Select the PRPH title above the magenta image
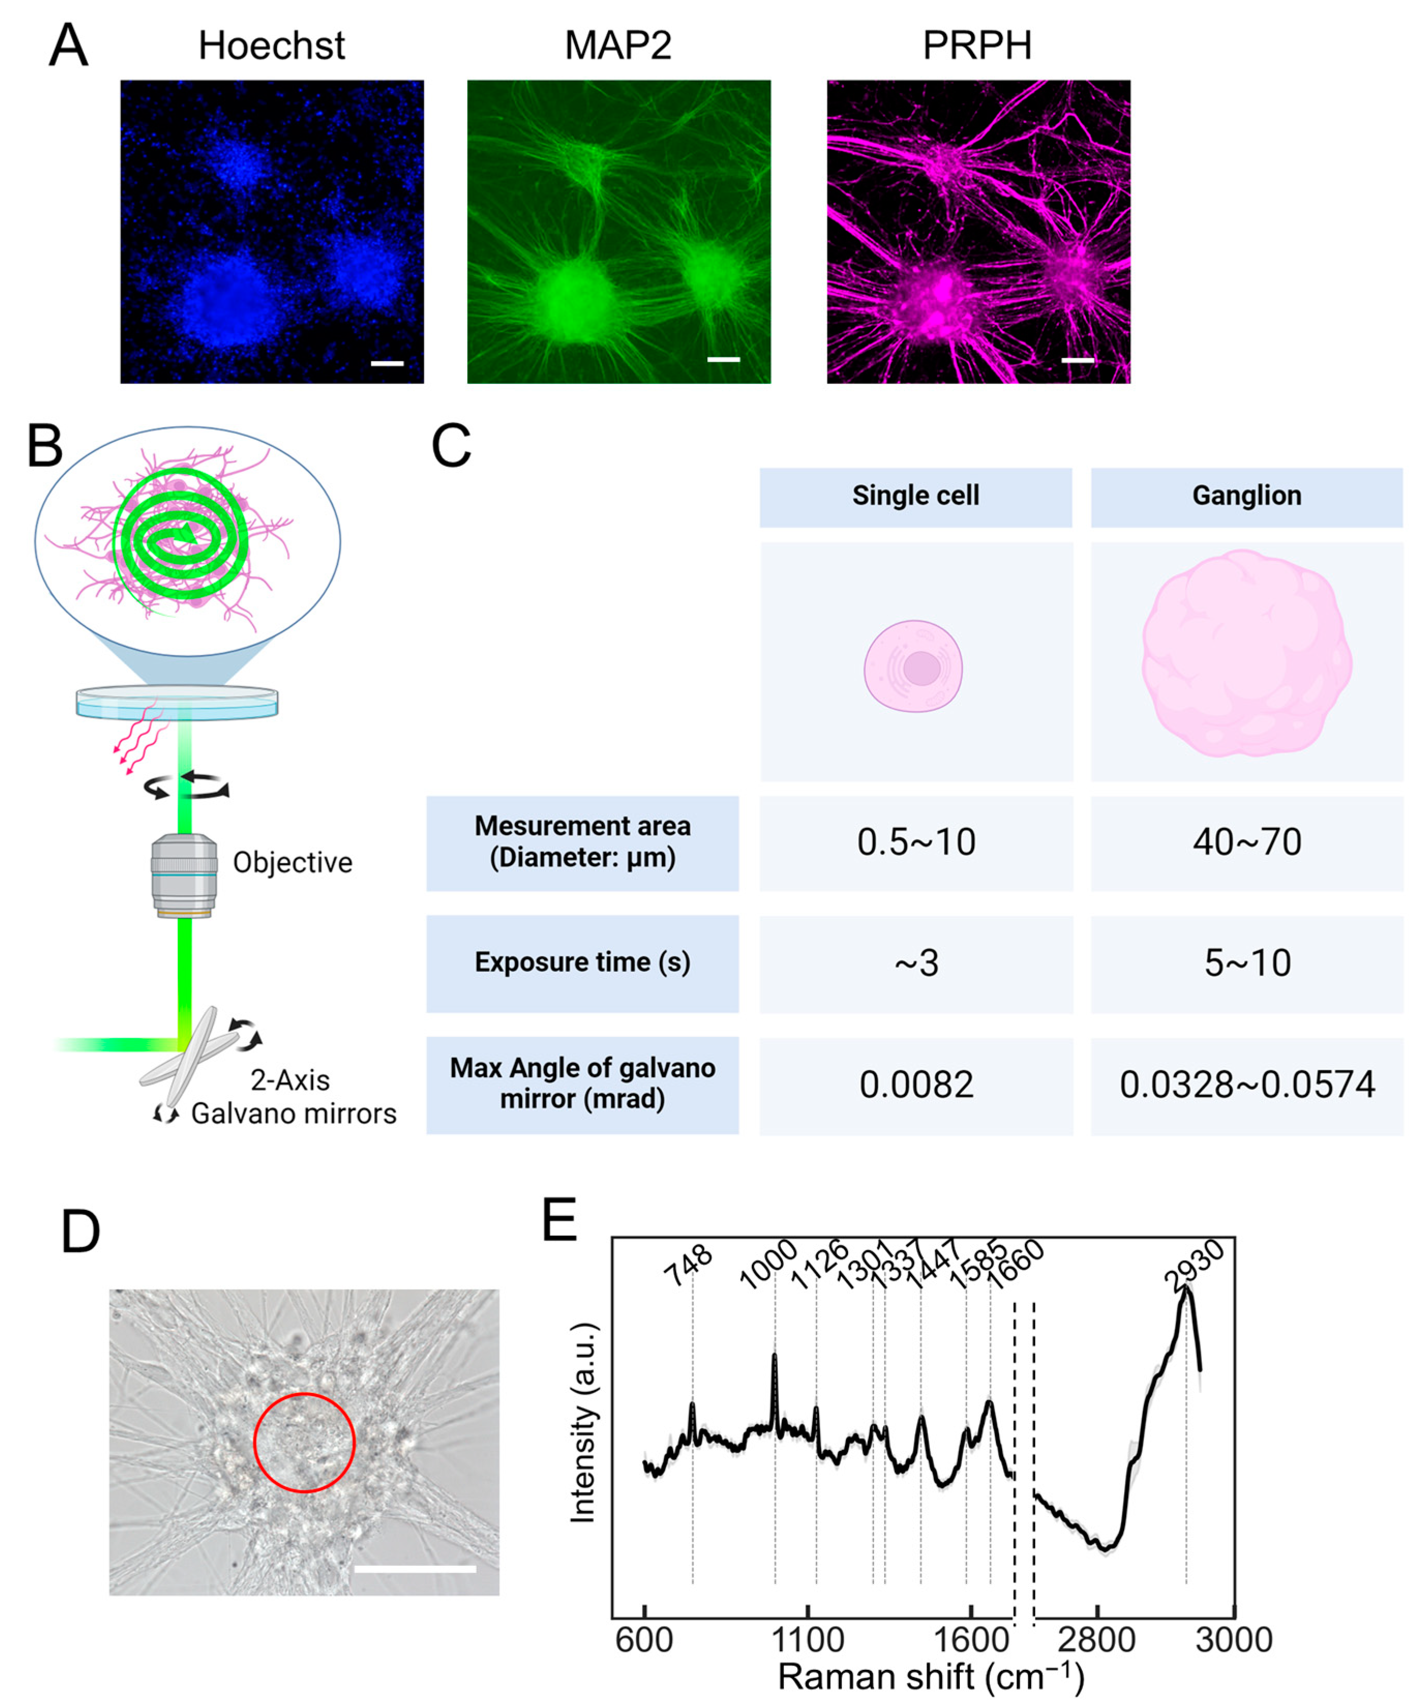[x=977, y=46]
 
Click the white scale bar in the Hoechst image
[x=387, y=363]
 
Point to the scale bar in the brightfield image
[x=415, y=1568]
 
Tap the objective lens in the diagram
[x=184, y=874]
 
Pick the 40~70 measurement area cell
[x=1247, y=842]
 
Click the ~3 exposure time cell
[x=915, y=963]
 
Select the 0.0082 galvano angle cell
[x=915, y=1085]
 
